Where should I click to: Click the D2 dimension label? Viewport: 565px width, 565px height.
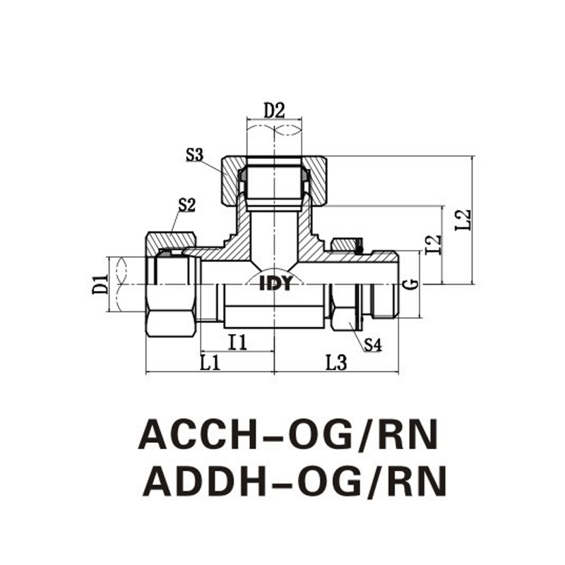point(274,111)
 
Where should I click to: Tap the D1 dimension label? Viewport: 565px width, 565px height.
point(100,284)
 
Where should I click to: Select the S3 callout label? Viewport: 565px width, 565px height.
point(195,155)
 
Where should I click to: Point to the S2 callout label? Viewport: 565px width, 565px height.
point(186,206)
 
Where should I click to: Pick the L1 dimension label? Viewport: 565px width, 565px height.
point(210,363)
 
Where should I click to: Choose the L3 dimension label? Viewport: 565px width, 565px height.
point(336,363)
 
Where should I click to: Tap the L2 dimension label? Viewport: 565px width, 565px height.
point(463,220)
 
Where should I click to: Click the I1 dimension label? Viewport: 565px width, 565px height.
point(238,343)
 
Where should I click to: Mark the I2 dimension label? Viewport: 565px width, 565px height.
point(433,244)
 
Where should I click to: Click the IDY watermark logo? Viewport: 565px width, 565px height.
point(275,285)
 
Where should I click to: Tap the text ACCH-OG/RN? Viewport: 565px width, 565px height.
point(288,435)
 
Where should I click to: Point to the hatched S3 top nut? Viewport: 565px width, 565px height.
point(274,180)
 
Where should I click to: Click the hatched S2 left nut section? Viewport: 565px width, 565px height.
point(172,242)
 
